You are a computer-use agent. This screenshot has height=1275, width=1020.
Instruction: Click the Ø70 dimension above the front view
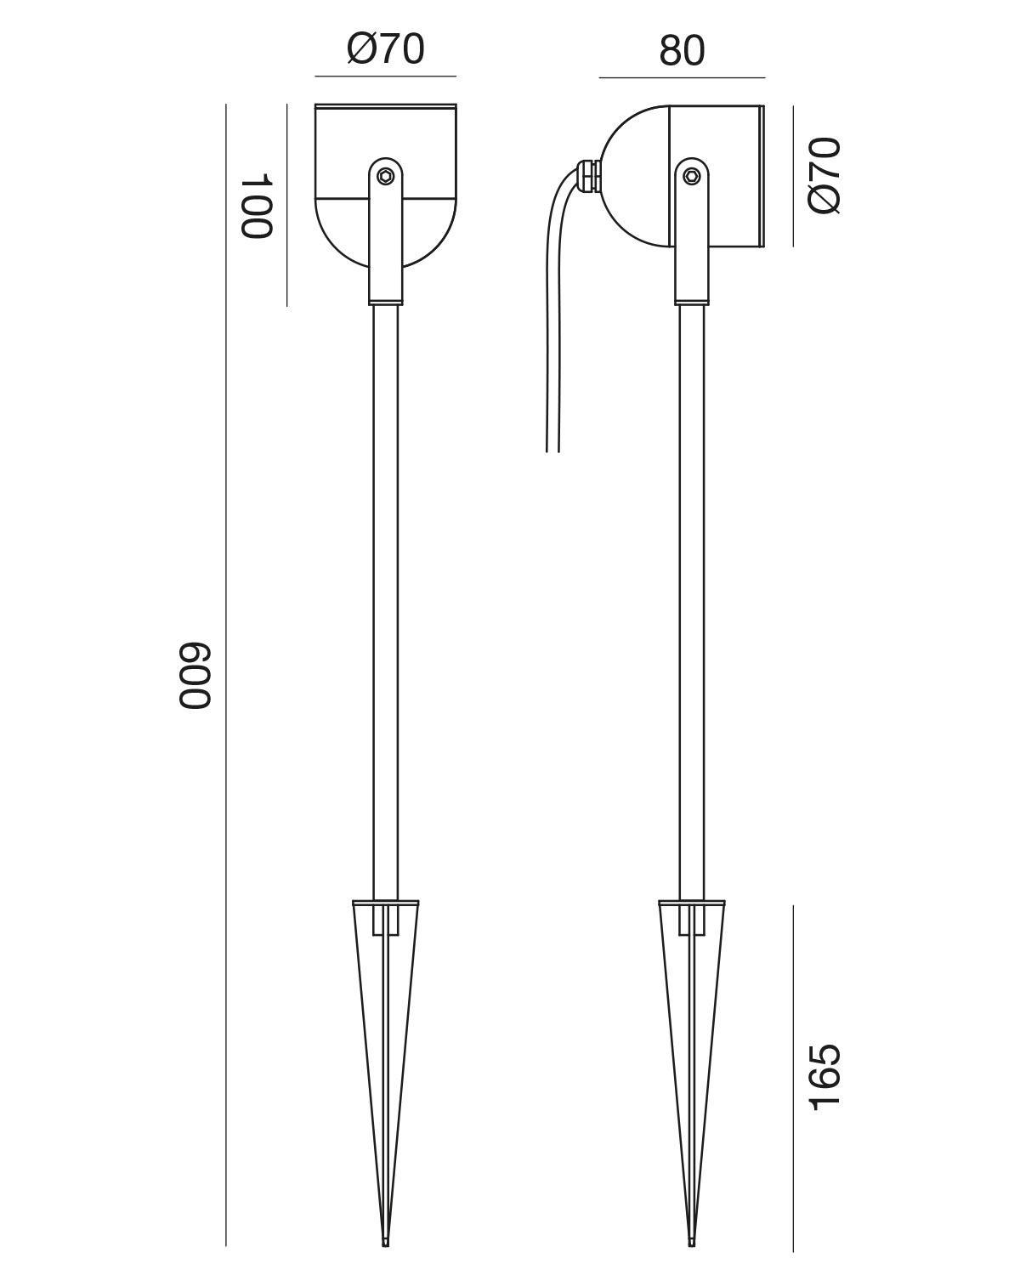coord(385,49)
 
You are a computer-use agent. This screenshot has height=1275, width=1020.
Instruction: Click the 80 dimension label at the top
coord(682,51)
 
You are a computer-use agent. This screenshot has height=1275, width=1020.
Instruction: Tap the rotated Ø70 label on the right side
coord(824,175)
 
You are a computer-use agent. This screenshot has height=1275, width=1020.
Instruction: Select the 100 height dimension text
coord(255,207)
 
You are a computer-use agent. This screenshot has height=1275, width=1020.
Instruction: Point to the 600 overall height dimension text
coord(194,676)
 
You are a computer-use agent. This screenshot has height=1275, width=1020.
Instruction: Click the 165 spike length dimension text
coord(824,1076)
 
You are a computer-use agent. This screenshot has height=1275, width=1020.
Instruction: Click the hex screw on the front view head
coord(386,176)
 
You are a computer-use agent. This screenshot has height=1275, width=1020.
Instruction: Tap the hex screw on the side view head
coord(692,176)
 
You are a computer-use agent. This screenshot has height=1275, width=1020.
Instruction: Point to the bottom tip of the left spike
coord(386,1244)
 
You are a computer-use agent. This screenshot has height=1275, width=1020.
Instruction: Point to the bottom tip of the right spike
coord(692,1244)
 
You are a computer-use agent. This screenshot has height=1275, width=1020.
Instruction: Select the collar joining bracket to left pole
coord(386,299)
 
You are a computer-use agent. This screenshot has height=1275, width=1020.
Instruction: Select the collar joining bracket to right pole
coord(692,299)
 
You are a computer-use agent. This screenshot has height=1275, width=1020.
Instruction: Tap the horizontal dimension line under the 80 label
coord(682,77)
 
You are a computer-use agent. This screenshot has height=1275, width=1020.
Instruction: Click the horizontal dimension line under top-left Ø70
coord(385,76)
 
